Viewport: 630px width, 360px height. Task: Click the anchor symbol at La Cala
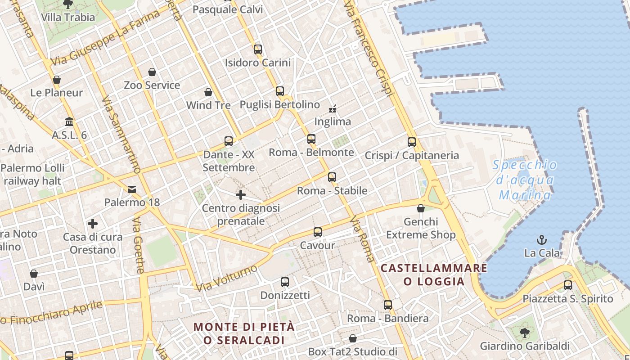(542, 240)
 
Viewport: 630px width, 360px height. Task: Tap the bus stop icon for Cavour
(318, 232)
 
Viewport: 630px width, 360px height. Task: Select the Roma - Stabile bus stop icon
(332, 177)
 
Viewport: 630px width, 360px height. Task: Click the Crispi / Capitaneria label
(412, 156)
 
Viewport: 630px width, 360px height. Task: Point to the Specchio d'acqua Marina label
(525, 180)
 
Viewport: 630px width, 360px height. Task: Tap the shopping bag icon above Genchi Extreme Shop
(421, 208)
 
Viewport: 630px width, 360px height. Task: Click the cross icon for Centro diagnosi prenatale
(241, 195)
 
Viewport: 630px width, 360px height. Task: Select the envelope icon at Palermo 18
(132, 189)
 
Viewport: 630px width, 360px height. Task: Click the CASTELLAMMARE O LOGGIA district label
(434, 275)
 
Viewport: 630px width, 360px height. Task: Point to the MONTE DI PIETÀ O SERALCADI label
(244, 333)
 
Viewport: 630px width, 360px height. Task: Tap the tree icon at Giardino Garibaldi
(524, 333)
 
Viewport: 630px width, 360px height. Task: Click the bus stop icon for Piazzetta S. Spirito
(568, 285)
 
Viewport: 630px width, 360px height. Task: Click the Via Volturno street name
(226, 278)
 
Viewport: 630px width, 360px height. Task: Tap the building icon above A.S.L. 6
(69, 122)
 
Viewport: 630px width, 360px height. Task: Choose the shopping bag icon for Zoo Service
(152, 72)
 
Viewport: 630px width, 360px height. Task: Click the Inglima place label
(333, 121)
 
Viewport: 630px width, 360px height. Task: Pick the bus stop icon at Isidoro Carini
(258, 49)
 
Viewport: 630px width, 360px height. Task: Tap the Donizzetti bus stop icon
(285, 282)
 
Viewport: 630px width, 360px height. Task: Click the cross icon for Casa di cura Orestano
(93, 224)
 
